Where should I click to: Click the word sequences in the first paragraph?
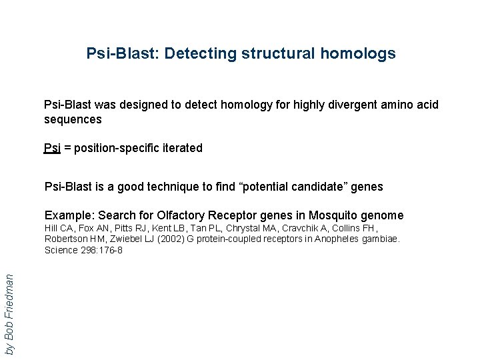(73, 119)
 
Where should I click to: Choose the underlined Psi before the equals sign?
(52, 148)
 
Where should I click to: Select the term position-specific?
(115, 148)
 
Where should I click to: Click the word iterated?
(181, 148)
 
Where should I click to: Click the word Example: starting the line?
(69, 215)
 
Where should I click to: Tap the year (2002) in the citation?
(169, 239)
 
